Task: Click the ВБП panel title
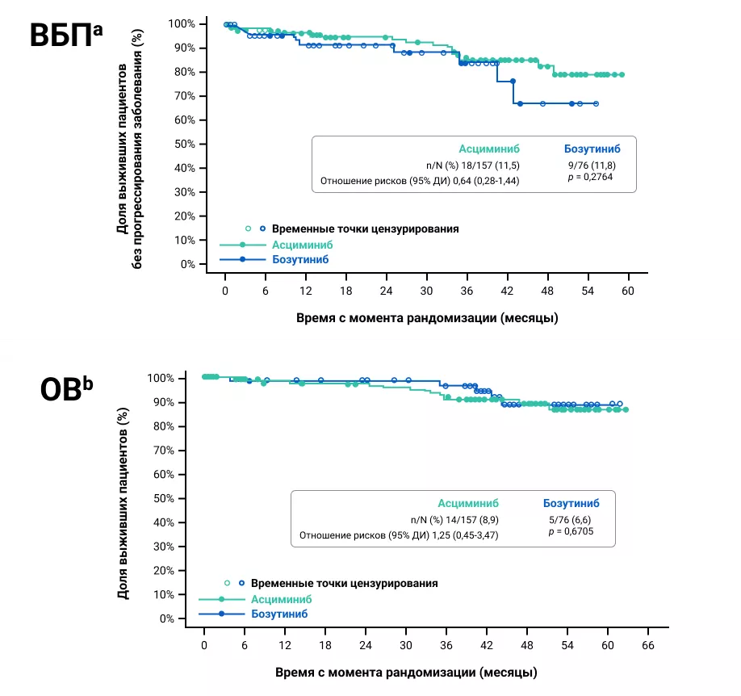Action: point(66,38)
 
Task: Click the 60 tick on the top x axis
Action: point(626,291)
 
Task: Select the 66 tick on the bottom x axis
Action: point(647,645)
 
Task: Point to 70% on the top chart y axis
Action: point(186,96)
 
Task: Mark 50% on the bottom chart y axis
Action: point(165,498)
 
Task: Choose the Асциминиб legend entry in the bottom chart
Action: point(281,599)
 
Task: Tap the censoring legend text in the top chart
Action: point(365,229)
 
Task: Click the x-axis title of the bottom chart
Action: point(406,672)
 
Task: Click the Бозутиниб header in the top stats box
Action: point(591,149)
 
